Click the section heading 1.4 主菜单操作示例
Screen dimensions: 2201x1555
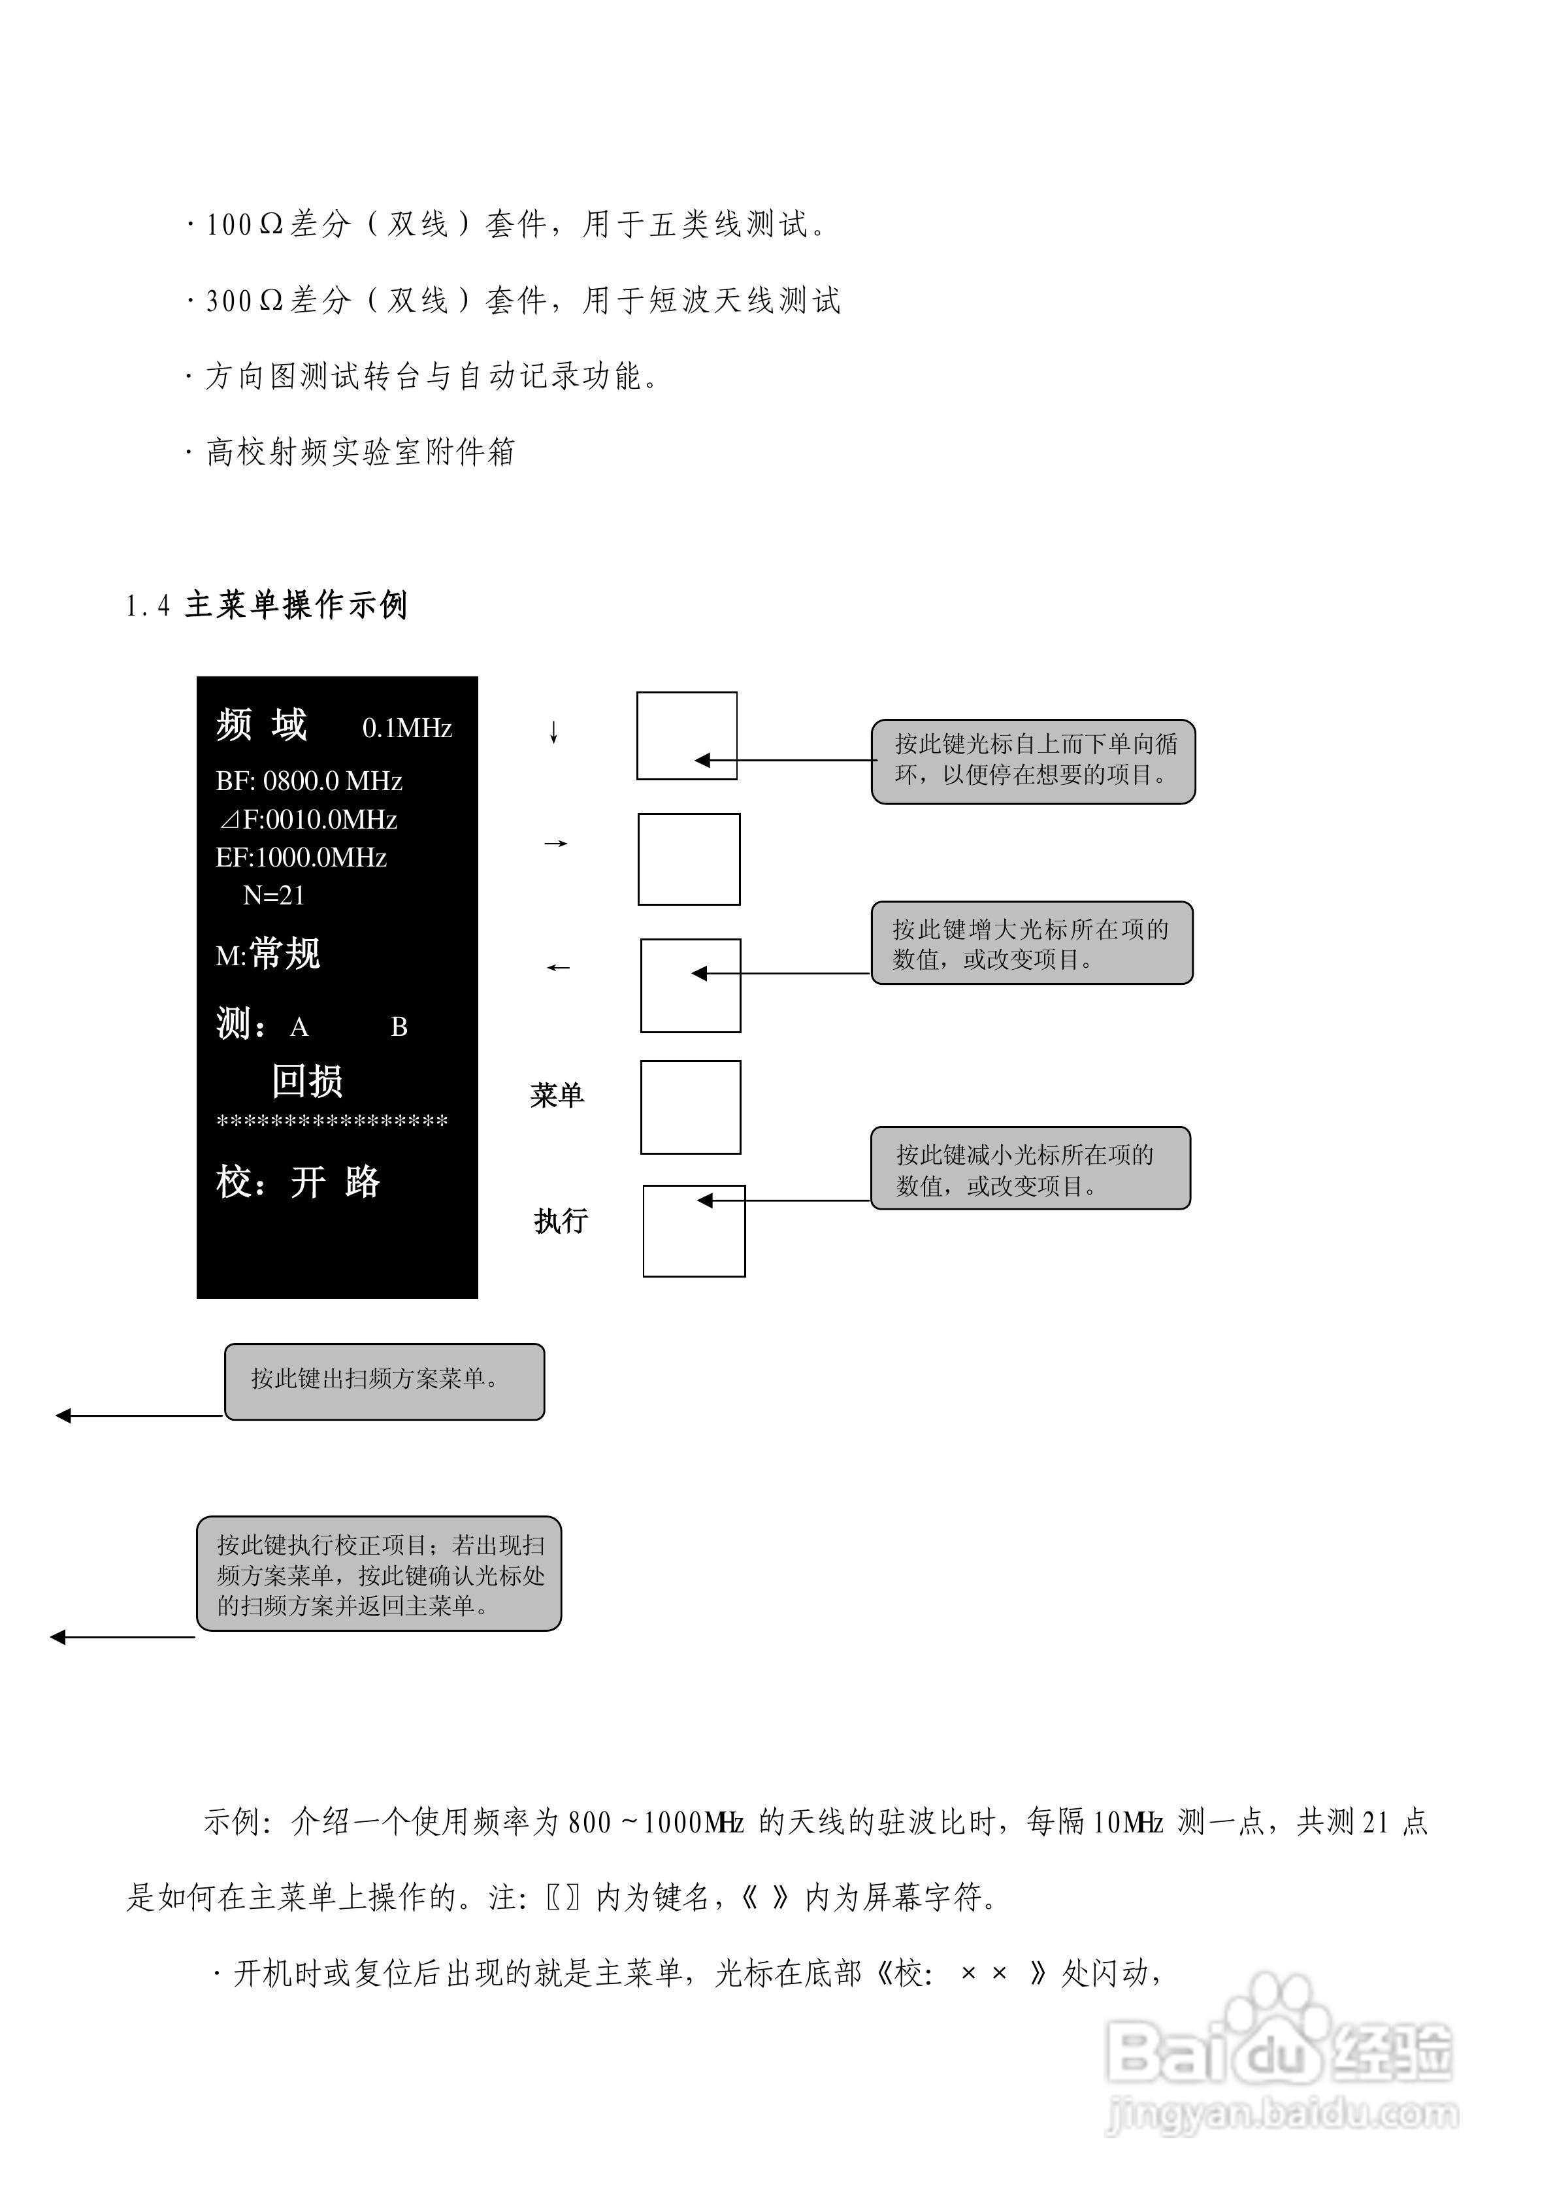[267, 605]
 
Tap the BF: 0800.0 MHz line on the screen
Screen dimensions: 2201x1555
[308, 782]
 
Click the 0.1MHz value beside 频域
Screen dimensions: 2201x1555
[406, 729]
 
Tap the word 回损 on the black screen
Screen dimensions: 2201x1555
[307, 1082]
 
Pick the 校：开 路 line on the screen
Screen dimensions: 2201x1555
[298, 1182]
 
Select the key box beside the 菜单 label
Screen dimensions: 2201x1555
[690, 1107]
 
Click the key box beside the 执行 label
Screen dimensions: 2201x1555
[693, 1231]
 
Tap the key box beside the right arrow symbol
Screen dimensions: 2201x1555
[689, 859]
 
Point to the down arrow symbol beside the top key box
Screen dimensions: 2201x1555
[553, 733]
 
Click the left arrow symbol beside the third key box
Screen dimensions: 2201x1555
[558, 968]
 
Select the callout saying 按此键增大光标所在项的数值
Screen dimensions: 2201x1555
[1032, 943]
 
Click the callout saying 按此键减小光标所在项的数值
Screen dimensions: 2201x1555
[1030, 1168]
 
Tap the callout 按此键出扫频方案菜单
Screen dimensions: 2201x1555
[384, 1382]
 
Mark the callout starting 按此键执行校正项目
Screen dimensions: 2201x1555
[379, 1574]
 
